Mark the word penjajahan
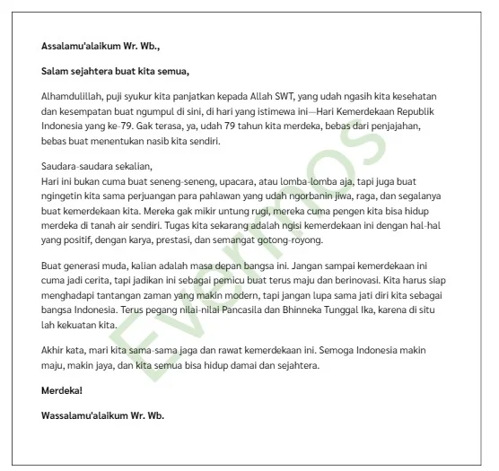(x=397, y=126)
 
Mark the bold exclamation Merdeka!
(x=62, y=390)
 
